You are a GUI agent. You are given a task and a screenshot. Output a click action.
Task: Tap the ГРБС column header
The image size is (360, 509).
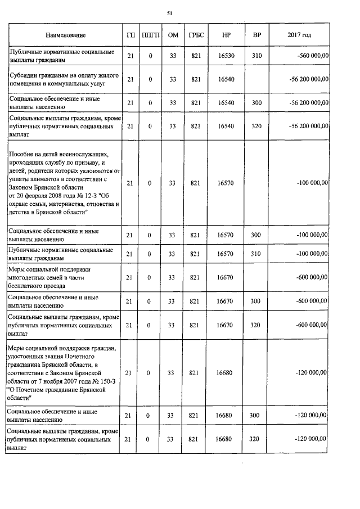click(196, 35)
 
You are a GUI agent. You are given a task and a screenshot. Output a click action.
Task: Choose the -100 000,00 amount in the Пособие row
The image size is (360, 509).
click(310, 183)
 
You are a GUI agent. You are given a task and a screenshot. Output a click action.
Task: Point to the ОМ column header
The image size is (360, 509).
click(173, 35)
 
